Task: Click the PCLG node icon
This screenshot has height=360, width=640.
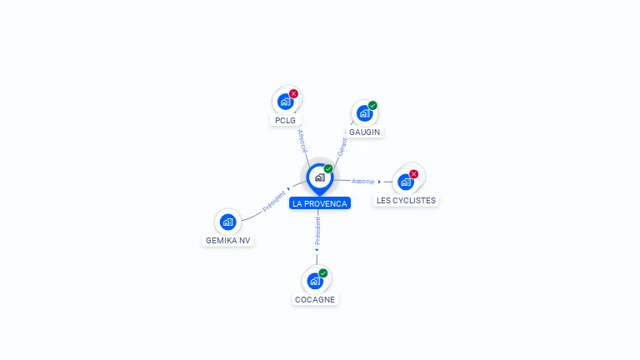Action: click(x=286, y=101)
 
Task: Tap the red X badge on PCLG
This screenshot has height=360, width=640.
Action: click(x=293, y=94)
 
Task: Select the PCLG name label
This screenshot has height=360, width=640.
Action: click(x=285, y=120)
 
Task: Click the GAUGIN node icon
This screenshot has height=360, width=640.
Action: click(x=364, y=113)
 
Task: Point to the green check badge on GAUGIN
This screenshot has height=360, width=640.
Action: click(x=372, y=105)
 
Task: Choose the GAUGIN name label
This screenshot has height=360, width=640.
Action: click(x=364, y=132)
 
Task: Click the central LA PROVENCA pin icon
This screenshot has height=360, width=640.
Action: click(x=320, y=178)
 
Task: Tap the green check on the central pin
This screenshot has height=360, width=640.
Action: click(x=328, y=168)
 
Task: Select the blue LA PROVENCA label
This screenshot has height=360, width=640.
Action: click(x=320, y=203)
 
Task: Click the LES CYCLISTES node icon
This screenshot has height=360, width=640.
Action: click(x=406, y=182)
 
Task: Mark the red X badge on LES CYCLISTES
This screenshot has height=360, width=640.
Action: click(x=414, y=174)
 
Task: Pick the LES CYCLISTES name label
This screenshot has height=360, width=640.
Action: click(x=406, y=200)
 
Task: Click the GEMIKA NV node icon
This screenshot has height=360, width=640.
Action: click(x=227, y=222)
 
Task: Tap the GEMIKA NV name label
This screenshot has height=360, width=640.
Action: click(x=227, y=240)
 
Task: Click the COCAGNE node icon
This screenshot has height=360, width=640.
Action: click(x=315, y=281)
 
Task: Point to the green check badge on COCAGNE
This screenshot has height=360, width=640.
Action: click(x=323, y=273)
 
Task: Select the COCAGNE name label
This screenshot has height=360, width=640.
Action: click(x=315, y=300)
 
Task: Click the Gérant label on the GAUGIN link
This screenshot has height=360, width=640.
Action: click(x=342, y=147)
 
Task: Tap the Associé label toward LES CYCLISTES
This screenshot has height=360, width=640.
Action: click(x=362, y=181)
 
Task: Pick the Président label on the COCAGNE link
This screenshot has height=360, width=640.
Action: click(x=317, y=231)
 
